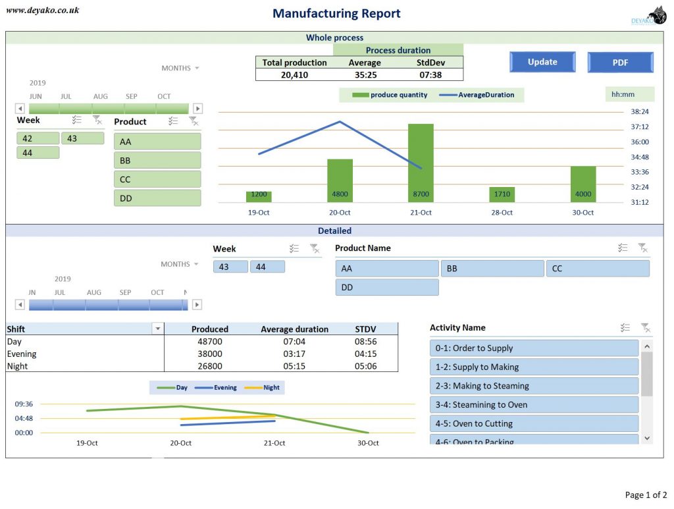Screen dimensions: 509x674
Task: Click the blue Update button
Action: pyautogui.click(x=542, y=62)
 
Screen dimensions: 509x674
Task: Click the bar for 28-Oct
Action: pyautogui.click(x=502, y=194)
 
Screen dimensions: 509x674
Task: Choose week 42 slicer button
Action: pyautogui.click(x=38, y=138)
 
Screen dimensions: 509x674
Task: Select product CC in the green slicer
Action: pyautogui.click(x=157, y=179)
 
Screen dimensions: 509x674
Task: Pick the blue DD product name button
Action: pyautogui.click(x=386, y=287)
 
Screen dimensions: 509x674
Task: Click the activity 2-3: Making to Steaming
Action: pyautogui.click(x=534, y=386)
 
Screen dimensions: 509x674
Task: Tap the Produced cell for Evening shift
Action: pyautogui.click(x=210, y=354)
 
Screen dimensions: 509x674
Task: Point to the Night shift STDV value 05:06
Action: pyautogui.click(x=365, y=366)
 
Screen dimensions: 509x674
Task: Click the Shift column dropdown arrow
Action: pyautogui.click(x=157, y=329)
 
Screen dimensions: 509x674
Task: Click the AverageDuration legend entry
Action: pyautogui.click(x=480, y=95)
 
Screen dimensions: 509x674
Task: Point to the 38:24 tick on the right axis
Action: pyautogui.click(x=639, y=112)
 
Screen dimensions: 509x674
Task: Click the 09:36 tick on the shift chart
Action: pyautogui.click(x=24, y=404)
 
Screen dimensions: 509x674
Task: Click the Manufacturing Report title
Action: pyautogui.click(x=336, y=14)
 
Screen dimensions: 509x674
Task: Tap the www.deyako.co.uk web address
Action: pyautogui.click(x=42, y=10)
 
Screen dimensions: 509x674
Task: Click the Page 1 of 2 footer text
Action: pyautogui.click(x=645, y=495)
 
